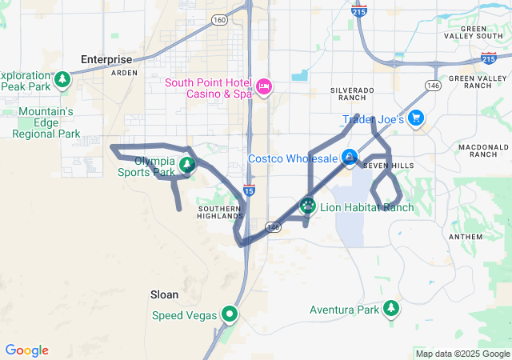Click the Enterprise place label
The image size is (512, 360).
106,59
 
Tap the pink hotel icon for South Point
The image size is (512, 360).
264,86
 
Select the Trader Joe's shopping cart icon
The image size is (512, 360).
415,119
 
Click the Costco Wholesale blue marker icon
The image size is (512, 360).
350,158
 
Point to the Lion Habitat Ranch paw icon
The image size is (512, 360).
308,206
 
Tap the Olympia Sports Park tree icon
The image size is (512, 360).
187,166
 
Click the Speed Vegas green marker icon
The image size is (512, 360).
230,314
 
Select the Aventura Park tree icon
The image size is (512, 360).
390,309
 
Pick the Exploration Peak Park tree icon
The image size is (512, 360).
62,80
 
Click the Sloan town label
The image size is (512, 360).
164,294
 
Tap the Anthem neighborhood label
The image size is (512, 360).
467,237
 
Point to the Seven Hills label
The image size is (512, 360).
388,166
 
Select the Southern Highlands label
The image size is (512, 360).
219,212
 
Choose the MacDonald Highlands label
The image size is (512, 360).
484,152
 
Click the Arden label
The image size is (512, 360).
124,73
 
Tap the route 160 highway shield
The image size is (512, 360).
218,20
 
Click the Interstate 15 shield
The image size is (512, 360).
250,191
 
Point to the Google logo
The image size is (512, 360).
26,350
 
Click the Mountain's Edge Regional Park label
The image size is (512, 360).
46,122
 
